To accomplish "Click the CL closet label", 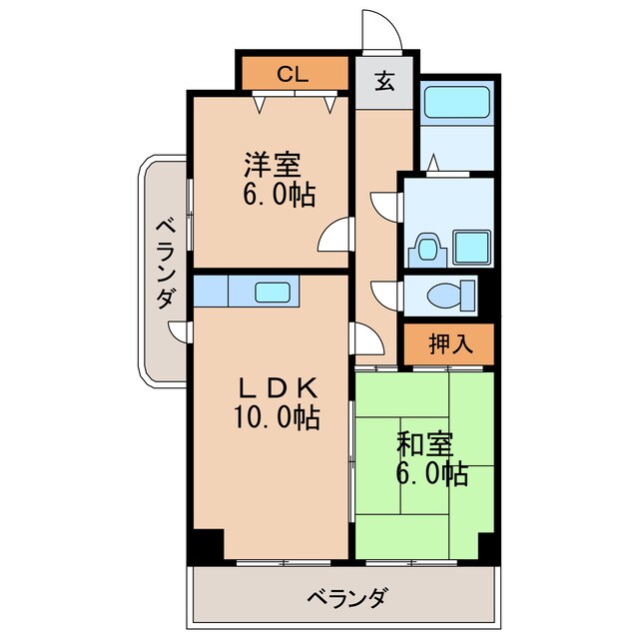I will (x=293, y=73).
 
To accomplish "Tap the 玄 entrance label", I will (x=384, y=83).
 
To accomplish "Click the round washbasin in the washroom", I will (x=428, y=247).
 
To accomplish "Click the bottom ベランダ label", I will (x=345, y=598).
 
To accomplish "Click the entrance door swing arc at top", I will (x=382, y=29).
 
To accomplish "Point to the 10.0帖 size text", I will (x=277, y=418).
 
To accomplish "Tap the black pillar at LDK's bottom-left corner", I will (x=207, y=545).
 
